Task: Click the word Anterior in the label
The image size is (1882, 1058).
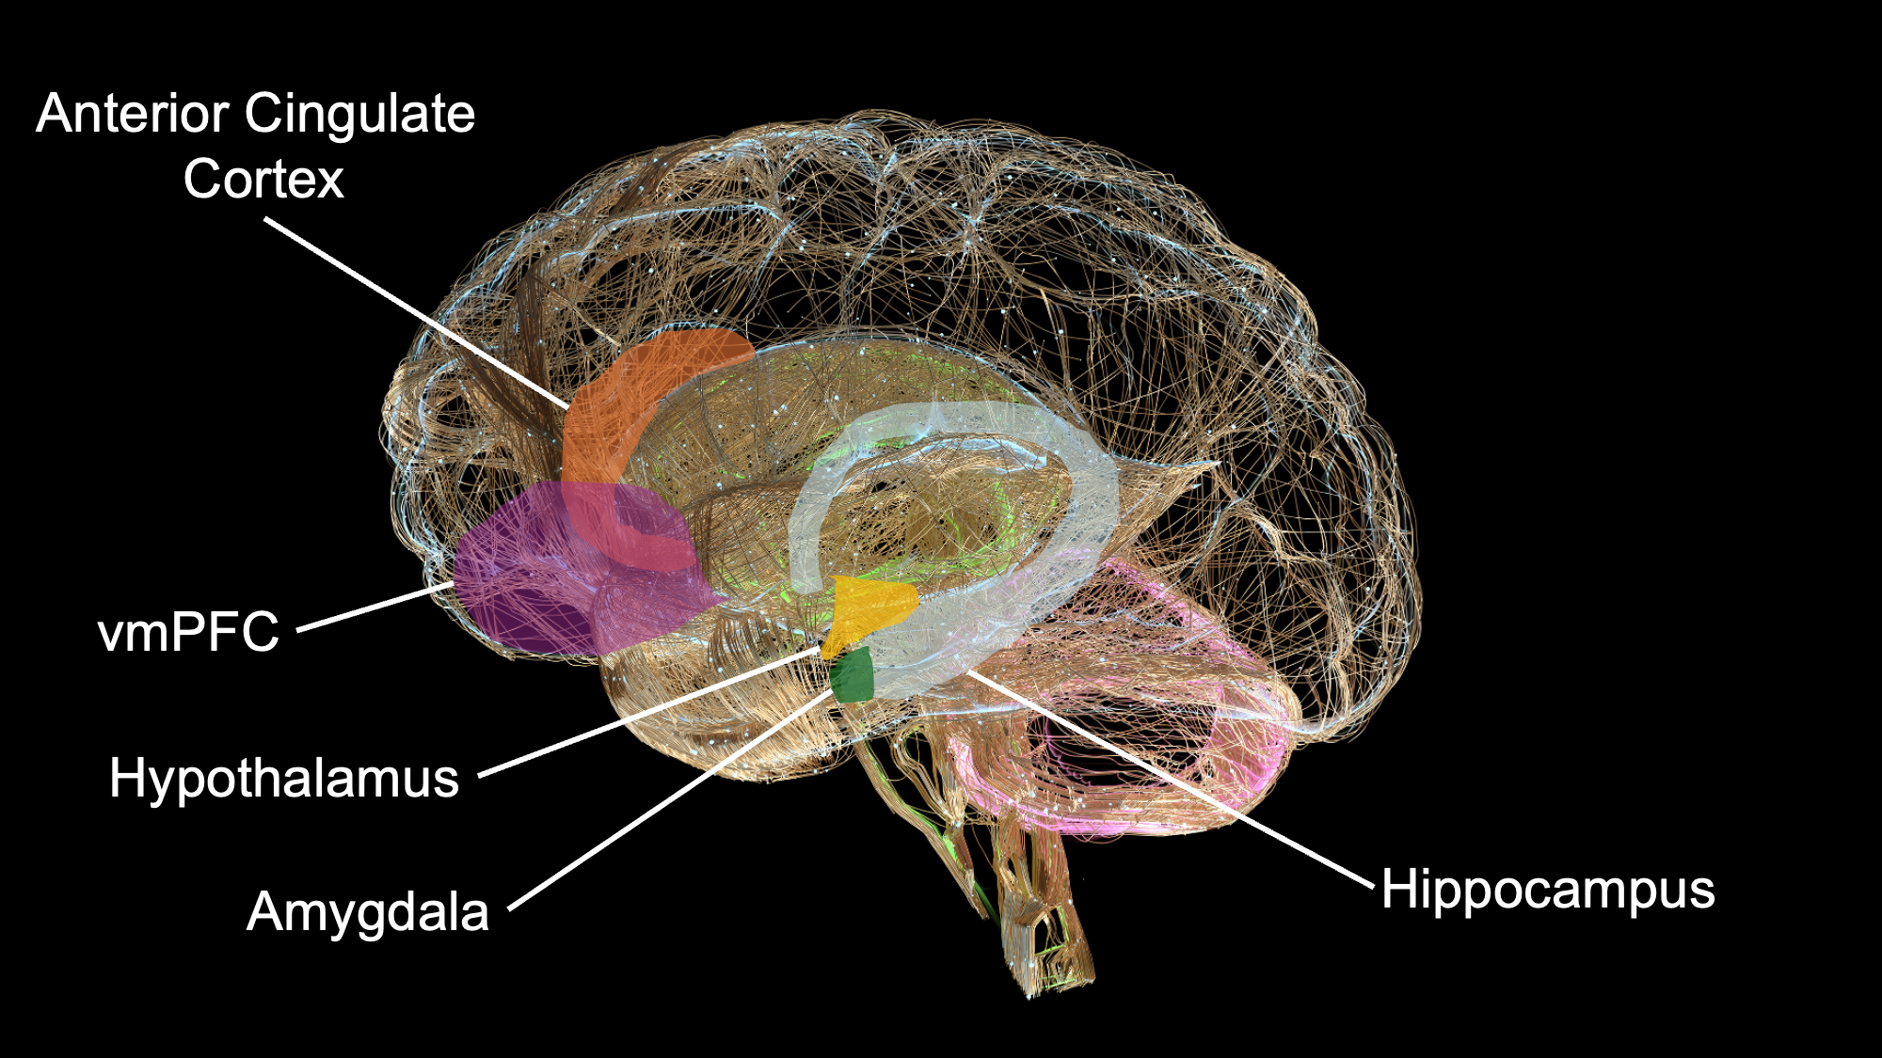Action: point(132,115)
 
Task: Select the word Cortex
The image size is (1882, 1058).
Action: point(263,180)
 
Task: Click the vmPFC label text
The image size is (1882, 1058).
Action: point(188,632)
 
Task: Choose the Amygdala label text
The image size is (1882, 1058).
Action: point(368,912)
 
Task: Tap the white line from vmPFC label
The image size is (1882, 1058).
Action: point(376,607)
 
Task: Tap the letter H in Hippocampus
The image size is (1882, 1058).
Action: point(1396,889)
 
